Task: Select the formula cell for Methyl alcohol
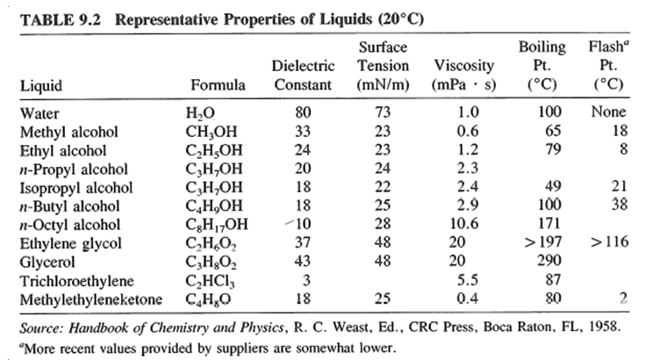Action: (214, 132)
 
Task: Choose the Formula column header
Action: (216, 86)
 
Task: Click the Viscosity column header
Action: (463, 66)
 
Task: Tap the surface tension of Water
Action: (383, 112)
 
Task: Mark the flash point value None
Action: (608, 112)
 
